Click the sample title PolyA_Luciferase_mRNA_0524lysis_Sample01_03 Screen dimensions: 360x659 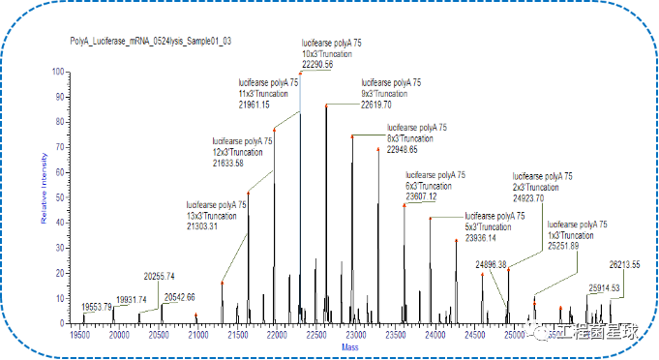tap(150, 42)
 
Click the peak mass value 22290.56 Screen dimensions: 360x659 tap(317, 64)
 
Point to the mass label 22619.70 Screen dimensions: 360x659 tap(376, 104)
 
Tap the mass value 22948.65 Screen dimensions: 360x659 tap(403, 149)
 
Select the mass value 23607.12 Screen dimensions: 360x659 tap(421, 196)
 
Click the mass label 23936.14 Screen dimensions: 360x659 tap(481, 237)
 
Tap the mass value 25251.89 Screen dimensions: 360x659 tap(563, 246)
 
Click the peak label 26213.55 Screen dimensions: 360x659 tap(625, 264)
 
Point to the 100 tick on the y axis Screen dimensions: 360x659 tap(58, 73)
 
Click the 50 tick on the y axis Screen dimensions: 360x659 tap(60, 197)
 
